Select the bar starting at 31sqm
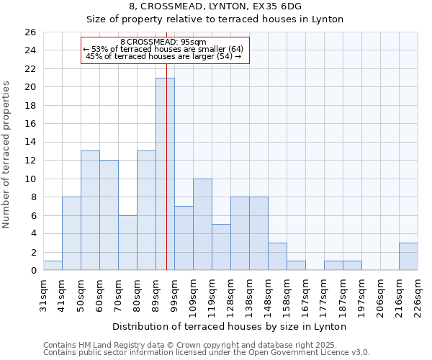click(53, 266)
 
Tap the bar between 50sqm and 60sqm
click(90, 210)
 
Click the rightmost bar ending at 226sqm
click(408, 256)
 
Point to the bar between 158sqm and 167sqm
click(296, 266)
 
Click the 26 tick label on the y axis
click(30, 32)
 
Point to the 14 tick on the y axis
click(30, 143)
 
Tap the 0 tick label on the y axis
click(32, 271)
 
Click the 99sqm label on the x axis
click(174, 293)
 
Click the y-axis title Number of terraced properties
click(7, 155)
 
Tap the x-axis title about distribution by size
click(230, 326)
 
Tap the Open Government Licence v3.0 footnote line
click(207, 352)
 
